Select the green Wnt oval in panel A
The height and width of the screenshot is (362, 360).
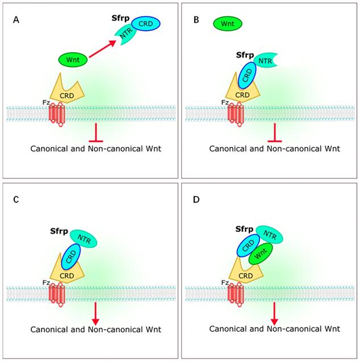click(73, 59)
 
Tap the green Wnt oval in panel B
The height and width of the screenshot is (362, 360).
click(227, 24)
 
